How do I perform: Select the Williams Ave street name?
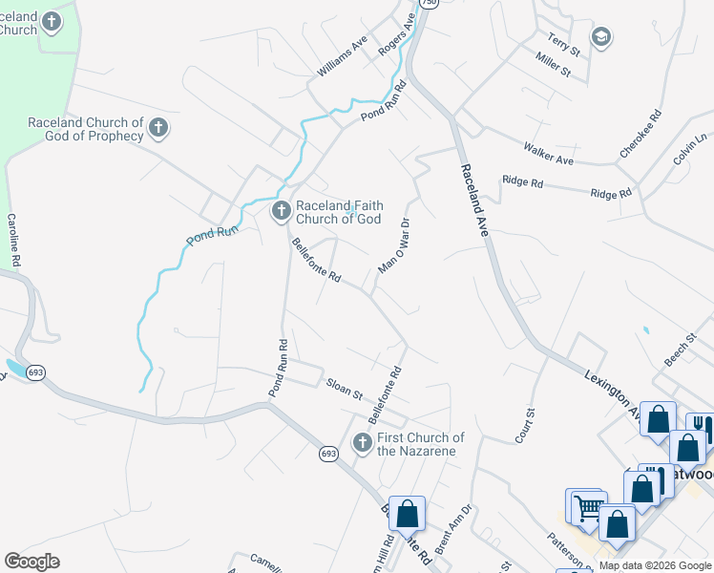tap(343, 58)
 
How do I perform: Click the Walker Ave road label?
tap(547, 151)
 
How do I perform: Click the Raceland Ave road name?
tap(475, 201)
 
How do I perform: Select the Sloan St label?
tap(346, 390)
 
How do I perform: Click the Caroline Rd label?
tap(15, 239)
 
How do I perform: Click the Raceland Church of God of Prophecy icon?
tap(158, 128)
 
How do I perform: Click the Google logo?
tap(31, 562)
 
